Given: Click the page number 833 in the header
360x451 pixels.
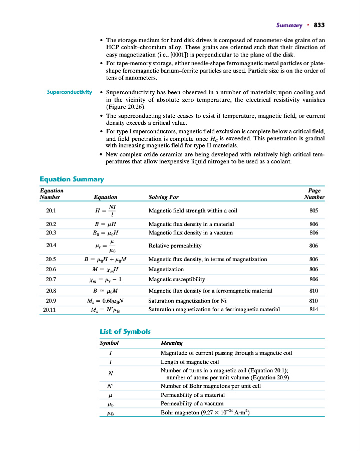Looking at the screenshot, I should [319, 25].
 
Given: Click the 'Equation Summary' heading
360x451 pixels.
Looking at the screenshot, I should [72, 179].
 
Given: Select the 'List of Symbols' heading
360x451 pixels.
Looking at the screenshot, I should [125, 331].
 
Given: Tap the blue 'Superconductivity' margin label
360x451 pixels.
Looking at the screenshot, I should [70, 92].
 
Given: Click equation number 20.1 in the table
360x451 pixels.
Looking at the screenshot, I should [51, 211].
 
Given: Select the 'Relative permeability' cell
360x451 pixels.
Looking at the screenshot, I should [175, 246].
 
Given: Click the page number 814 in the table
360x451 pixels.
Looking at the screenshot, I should [314, 309].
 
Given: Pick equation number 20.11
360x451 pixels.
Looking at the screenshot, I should [52, 309].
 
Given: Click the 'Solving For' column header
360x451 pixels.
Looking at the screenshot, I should [164, 197].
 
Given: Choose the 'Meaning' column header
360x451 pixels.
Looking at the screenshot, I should [171, 343].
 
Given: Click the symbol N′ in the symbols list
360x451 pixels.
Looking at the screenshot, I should [110, 386].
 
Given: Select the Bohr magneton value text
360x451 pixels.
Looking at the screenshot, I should [205, 412].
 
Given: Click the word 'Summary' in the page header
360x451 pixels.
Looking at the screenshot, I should [289, 25].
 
